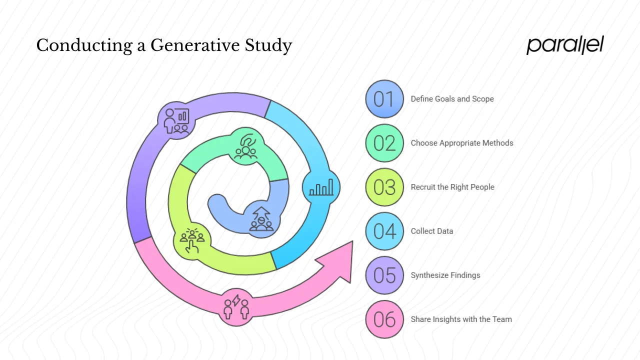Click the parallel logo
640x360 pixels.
[x=565, y=45]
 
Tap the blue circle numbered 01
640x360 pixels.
[x=384, y=99]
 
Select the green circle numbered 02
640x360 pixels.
[x=384, y=143]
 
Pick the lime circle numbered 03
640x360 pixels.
[x=384, y=187]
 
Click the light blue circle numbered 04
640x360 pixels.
[x=384, y=231]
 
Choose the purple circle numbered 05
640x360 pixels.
[x=384, y=275]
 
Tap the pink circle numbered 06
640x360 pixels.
[x=384, y=319]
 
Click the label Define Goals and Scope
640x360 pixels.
[x=452, y=99]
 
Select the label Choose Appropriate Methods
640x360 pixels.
[x=462, y=143]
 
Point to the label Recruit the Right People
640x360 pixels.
[x=452, y=187]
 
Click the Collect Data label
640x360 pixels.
[x=432, y=231]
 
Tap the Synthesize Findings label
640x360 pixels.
[x=445, y=275]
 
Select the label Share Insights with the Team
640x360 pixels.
[x=461, y=319]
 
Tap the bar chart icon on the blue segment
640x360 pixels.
[x=321, y=188]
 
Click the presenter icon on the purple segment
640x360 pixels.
[x=176, y=120]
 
